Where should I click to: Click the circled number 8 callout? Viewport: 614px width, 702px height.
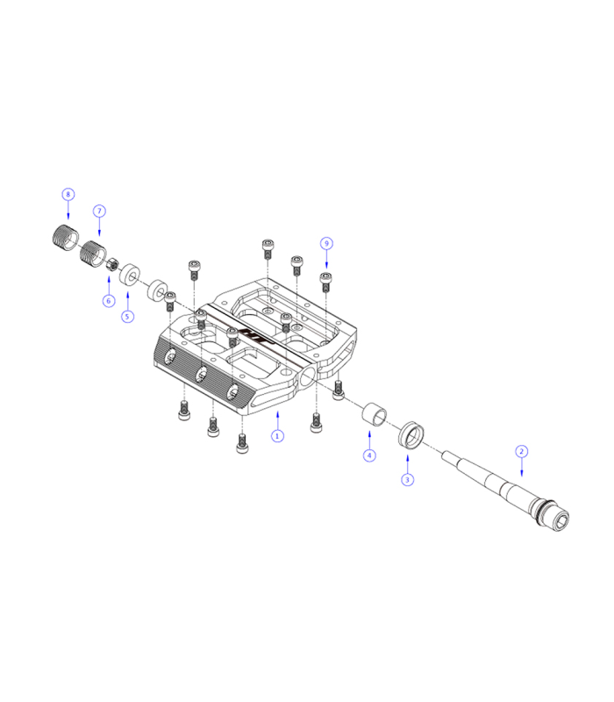pos(68,193)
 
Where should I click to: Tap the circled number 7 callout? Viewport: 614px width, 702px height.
pos(99,211)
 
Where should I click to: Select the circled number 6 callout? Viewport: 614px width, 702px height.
pos(109,301)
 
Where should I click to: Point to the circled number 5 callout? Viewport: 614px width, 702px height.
pos(128,316)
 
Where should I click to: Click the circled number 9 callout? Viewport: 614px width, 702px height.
pos(326,242)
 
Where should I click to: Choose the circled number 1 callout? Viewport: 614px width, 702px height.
pos(277,435)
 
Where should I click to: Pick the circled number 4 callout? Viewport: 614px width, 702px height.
pos(370,455)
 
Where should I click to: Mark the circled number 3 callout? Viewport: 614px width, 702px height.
pos(407,480)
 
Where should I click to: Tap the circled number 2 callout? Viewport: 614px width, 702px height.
pos(521,451)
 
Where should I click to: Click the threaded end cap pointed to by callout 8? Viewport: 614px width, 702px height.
pos(61,238)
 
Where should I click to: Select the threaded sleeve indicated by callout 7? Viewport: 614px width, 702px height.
pos(92,254)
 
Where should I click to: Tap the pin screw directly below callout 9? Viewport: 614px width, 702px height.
pos(325,281)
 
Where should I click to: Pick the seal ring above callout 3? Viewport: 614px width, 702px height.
pos(411,435)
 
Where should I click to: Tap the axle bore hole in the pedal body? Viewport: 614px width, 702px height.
pos(308,378)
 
